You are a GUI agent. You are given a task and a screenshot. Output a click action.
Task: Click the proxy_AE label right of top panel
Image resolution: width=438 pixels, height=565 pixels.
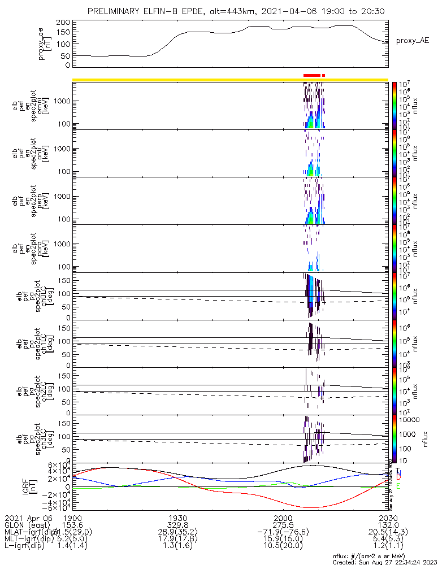pos(412,40)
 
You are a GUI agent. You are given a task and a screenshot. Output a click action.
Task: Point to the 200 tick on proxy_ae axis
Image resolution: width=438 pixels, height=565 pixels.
pos(64,22)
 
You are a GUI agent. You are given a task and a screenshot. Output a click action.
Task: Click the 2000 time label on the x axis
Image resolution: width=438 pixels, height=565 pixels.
pos(283,518)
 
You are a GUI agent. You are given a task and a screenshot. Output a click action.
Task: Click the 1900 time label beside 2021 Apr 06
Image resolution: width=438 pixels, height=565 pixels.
pos(72,518)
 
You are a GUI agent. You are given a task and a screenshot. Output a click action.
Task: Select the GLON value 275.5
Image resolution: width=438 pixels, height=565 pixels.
pos(283,525)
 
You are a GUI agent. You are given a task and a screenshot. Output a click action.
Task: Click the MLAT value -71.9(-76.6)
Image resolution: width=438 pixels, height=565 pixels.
pos(283,532)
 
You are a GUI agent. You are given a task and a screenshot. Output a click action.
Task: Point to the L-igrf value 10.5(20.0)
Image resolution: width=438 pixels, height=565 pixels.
pos(283,547)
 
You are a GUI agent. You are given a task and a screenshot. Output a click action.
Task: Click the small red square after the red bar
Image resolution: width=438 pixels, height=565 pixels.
pos(324,75)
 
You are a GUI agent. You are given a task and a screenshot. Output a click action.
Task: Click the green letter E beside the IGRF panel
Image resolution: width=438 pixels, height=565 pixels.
pos(398,486)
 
